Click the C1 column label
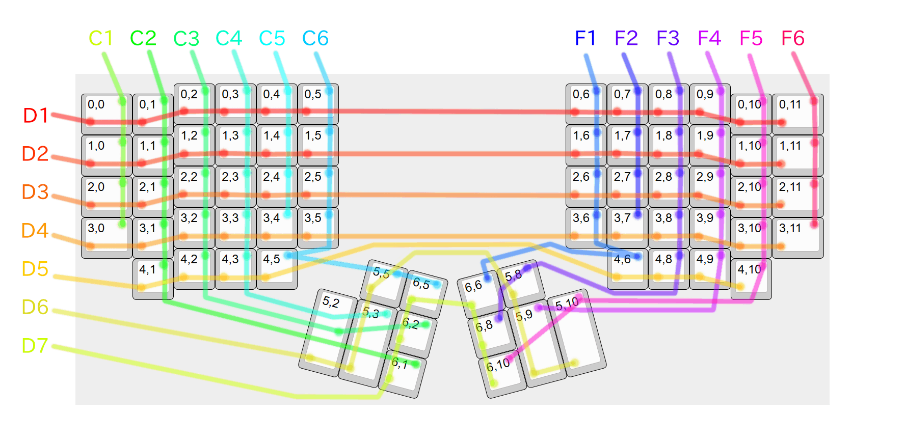pyautogui.click(x=100, y=38)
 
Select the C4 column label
pyautogui.click(x=228, y=38)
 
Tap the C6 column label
pyautogui.click(x=315, y=38)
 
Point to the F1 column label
pyautogui.click(x=585, y=38)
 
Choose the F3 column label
pyautogui.click(x=668, y=38)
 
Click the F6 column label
pyautogui.click(x=792, y=38)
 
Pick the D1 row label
pyautogui.click(x=35, y=116)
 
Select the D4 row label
pyautogui.click(x=35, y=231)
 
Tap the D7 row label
pyautogui.click(x=35, y=346)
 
